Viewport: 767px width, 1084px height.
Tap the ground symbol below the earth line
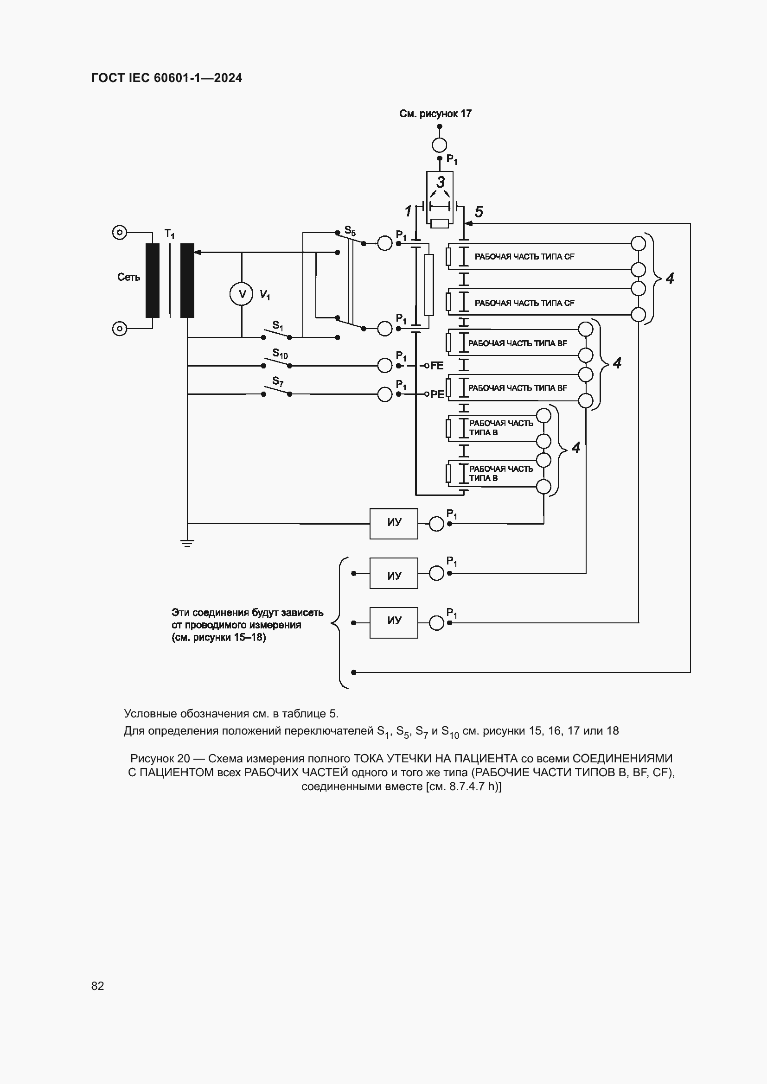[x=187, y=543]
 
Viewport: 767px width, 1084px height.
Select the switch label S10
[x=280, y=354]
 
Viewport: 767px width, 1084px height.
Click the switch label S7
[x=278, y=381]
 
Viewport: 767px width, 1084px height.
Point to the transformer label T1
[x=169, y=234]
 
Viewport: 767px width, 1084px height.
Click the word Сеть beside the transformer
[x=128, y=277]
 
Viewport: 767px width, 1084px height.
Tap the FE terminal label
[x=437, y=365]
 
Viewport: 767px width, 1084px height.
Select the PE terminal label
[x=437, y=394]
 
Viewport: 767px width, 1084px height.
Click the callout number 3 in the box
[x=440, y=182]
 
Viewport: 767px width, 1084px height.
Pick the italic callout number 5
[x=479, y=211]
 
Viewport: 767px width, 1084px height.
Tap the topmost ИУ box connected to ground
[x=393, y=523]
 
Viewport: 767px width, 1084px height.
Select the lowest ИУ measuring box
[x=393, y=622]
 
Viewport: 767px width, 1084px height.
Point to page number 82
[x=98, y=986]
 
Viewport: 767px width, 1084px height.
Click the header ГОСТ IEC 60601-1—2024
[x=167, y=78]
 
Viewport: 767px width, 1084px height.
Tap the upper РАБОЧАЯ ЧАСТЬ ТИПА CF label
[x=524, y=257]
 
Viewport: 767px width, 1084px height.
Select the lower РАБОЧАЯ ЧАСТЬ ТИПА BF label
[x=517, y=388]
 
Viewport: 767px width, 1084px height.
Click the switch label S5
[x=350, y=231]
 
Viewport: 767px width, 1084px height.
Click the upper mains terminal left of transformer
[x=120, y=232]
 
